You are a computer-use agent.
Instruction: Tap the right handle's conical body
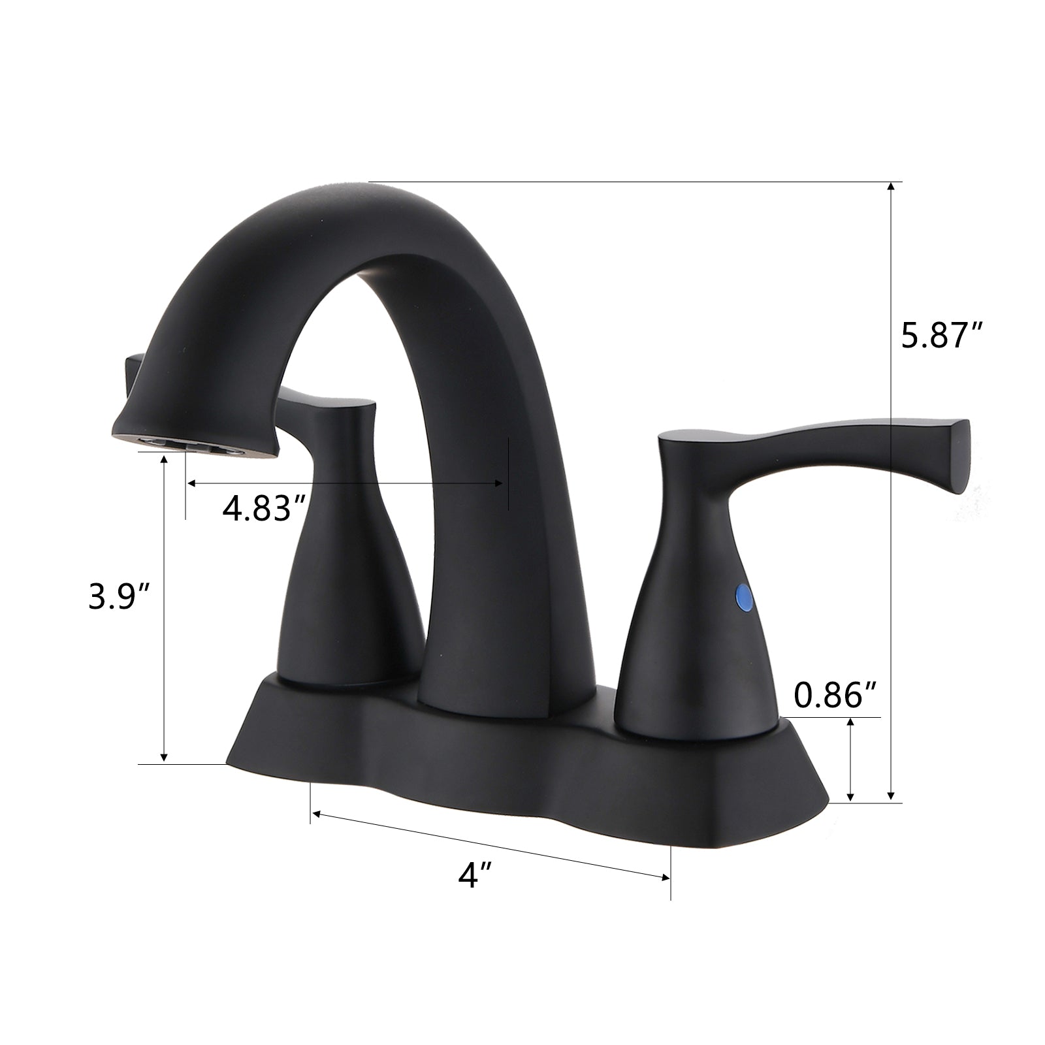click(x=692, y=627)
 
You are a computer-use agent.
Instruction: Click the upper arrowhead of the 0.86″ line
click(x=850, y=722)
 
